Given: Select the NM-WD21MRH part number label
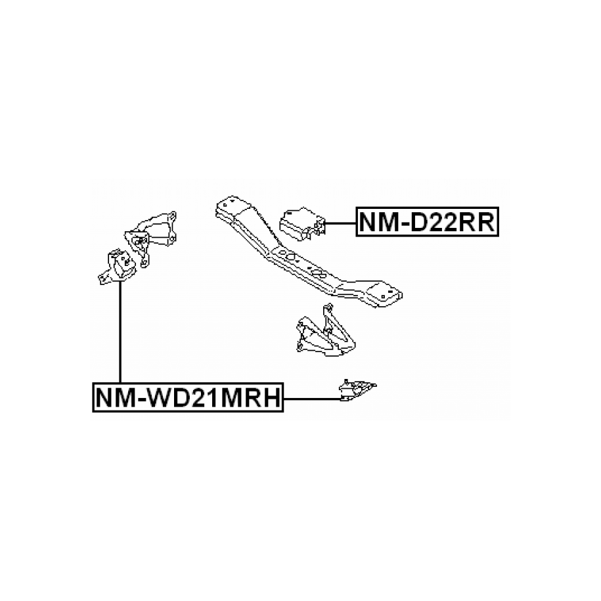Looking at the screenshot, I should coord(188,398).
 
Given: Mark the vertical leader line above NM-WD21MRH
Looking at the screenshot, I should coord(121,335).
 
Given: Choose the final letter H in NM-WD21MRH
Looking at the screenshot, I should coord(271,398).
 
